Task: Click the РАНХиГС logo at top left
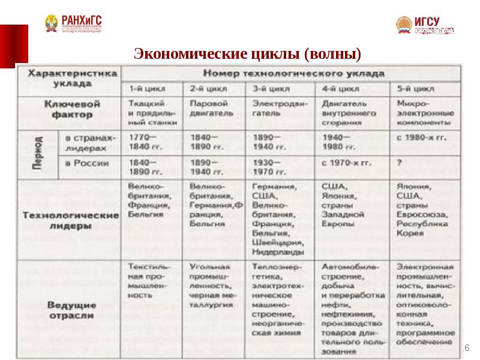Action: (x=73, y=23)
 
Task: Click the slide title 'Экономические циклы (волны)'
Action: (x=247, y=55)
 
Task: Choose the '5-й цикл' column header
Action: (x=415, y=90)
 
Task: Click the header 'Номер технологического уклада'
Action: (x=292, y=73)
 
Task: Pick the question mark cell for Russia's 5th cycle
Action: (x=399, y=163)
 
